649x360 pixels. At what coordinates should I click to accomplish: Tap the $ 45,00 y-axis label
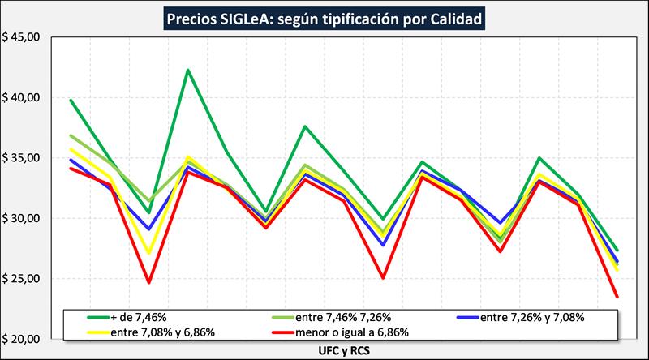coord(24,37)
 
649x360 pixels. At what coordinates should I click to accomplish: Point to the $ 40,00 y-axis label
coord(24,98)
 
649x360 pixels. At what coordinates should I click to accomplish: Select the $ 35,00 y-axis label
coord(24,158)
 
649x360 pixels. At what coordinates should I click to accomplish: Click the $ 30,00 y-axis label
coord(24,219)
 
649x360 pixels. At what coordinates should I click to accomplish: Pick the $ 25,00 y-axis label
coord(24,279)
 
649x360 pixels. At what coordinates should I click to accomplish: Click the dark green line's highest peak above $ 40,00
coord(188,70)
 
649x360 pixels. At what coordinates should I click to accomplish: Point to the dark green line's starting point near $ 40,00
coord(71,101)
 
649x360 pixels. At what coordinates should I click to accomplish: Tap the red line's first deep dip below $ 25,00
coord(149,282)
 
